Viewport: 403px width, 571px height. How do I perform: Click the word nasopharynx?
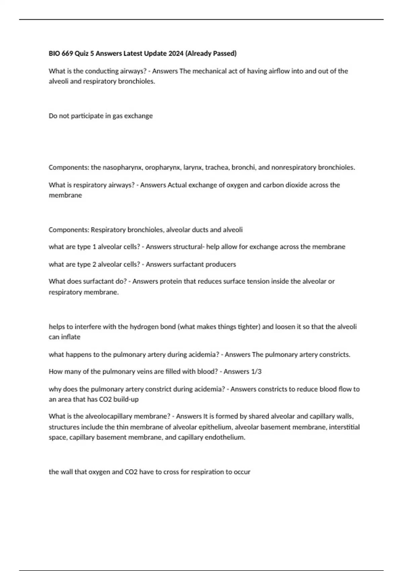click(123, 168)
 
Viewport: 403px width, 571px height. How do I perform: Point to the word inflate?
click(71, 337)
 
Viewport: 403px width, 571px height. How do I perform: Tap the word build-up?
click(126, 399)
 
